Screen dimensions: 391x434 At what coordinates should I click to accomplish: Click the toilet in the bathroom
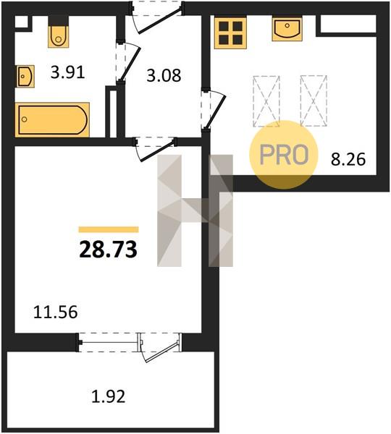(x=58, y=34)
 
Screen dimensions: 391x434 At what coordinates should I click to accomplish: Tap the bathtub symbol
(x=52, y=119)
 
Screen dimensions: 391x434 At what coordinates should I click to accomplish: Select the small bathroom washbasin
(x=25, y=76)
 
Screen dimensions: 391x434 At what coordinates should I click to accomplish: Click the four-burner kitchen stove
(x=230, y=33)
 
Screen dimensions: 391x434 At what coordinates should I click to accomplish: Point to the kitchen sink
(x=287, y=29)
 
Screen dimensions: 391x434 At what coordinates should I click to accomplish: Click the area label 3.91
(x=67, y=73)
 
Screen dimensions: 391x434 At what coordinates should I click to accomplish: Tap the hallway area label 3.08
(x=164, y=75)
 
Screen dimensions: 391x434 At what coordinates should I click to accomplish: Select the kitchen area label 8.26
(x=348, y=159)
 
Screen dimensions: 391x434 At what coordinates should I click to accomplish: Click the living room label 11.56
(x=56, y=312)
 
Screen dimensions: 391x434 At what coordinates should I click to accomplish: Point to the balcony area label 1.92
(x=109, y=396)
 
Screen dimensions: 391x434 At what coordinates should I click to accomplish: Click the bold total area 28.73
(x=109, y=249)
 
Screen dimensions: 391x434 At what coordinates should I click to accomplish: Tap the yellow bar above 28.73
(x=109, y=229)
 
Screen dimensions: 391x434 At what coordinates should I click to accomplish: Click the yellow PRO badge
(x=284, y=155)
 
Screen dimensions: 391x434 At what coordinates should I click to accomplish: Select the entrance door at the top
(x=157, y=17)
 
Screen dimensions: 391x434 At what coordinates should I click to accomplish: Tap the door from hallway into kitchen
(x=214, y=109)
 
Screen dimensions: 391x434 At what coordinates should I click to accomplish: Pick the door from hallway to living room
(x=156, y=149)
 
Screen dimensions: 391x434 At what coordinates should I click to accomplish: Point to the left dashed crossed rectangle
(x=266, y=101)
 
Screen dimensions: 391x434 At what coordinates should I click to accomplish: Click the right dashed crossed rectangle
(x=314, y=101)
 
